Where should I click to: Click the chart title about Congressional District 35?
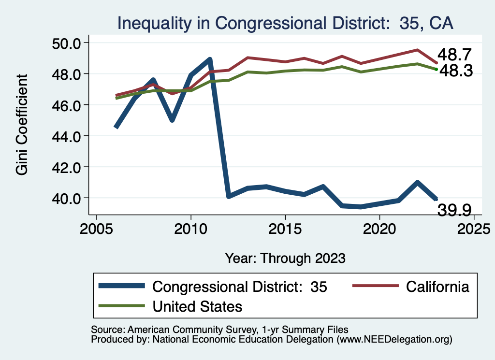tap(285, 23)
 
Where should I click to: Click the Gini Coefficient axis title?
tap(22, 124)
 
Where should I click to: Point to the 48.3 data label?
tap(455, 72)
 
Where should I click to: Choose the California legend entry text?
tap(437, 287)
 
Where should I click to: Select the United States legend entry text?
tap(197, 306)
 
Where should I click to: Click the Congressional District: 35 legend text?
tap(240, 287)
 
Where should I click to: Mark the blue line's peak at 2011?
tap(210, 59)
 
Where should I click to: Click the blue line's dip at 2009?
tap(172, 119)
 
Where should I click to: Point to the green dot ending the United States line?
tap(436, 69)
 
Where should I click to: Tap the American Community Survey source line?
tap(219, 329)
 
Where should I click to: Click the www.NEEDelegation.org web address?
tap(395, 340)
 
